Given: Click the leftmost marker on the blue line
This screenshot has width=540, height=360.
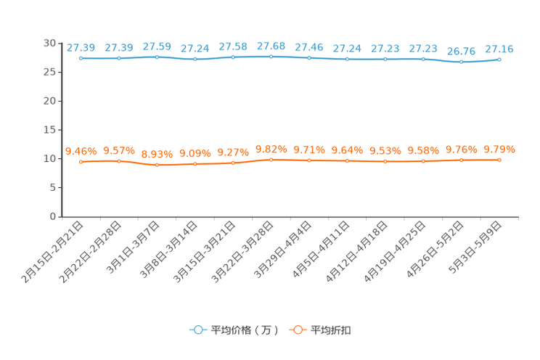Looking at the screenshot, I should [x=81, y=58].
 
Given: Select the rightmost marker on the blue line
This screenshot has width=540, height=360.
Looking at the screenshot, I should [x=499, y=60].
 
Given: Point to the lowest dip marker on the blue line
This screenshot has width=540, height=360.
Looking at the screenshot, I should [x=461, y=62].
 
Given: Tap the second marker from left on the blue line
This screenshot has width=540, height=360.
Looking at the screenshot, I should [x=119, y=58].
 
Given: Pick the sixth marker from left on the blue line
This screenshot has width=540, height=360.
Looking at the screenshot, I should [x=271, y=56].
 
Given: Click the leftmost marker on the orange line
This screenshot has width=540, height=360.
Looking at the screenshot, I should [x=81, y=161].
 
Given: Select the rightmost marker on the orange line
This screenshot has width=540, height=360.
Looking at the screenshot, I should [x=499, y=160].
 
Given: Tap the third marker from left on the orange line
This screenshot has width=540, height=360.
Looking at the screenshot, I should [x=157, y=165].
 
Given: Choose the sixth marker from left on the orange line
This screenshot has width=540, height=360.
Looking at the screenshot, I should [x=271, y=160].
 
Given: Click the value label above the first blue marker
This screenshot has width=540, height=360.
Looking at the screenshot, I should [x=81, y=48].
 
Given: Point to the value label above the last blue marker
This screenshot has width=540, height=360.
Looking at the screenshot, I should [x=499, y=49].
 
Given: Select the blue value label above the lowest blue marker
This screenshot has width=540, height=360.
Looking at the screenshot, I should [x=461, y=52].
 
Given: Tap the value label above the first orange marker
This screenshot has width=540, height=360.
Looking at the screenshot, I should [x=81, y=150].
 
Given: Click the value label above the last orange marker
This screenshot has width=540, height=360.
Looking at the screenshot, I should [x=499, y=149].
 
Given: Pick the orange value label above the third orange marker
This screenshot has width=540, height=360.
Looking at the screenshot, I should [x=157, y=154].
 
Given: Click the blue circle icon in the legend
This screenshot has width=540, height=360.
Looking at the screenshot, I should [x=197, y=330].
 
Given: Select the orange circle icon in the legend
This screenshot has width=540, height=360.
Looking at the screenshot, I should [x=297, y=330].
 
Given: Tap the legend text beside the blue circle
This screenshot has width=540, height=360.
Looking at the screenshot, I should [x=244, y=330].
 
